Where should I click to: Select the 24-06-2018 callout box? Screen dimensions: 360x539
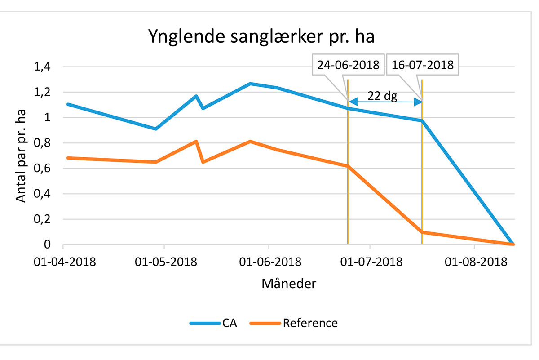click(348, 65)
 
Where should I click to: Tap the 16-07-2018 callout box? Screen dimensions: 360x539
click(422, 65)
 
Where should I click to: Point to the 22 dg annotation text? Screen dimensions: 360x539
click(382, 96)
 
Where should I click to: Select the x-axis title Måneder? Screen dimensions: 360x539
click(289, 284)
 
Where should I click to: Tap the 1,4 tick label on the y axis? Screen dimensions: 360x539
click(43, 67)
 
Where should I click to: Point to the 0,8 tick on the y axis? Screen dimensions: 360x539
click(43, 143)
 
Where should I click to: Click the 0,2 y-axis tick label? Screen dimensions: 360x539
click(43, 220)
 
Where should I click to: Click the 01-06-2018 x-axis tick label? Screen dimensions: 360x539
click(269, 262)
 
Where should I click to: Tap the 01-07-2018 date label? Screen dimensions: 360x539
click(370, 262)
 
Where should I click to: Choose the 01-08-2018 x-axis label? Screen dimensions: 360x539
click(474, 262)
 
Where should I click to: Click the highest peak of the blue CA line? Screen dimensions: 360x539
click(250, 84)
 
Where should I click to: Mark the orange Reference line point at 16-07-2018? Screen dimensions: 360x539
click(422, 232)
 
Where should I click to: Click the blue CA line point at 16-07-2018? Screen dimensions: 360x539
click(422, 120)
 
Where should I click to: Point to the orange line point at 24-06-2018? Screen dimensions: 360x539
click(348, 166)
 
